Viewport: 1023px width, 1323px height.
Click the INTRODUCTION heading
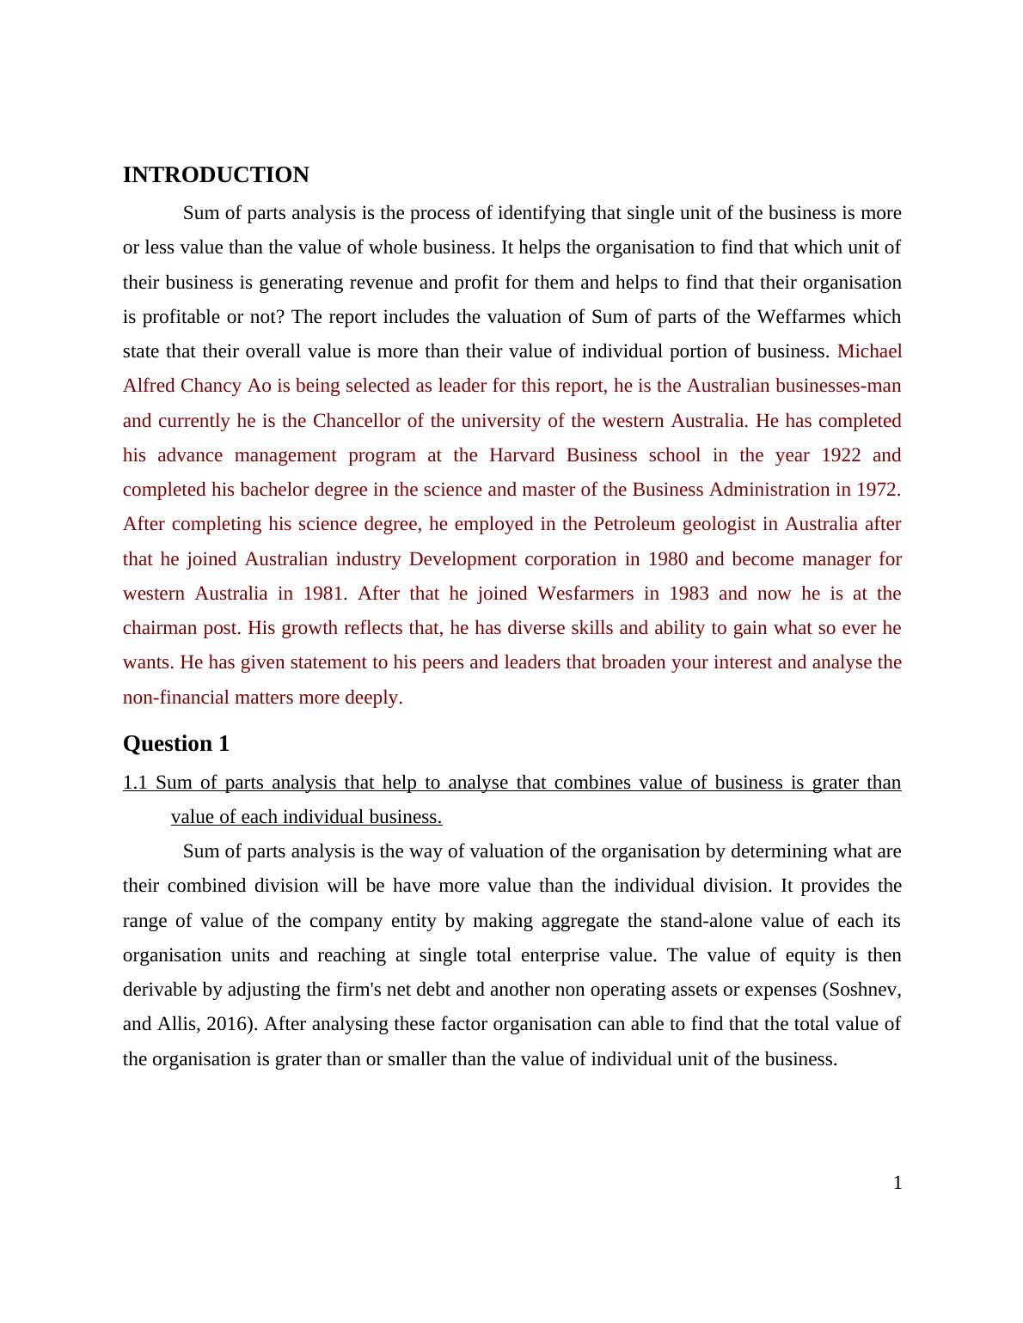point(216,175)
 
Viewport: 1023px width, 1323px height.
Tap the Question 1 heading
point(176,744)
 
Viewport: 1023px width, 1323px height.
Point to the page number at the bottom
point(897,1183)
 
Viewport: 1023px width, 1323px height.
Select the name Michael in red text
point(869,351)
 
